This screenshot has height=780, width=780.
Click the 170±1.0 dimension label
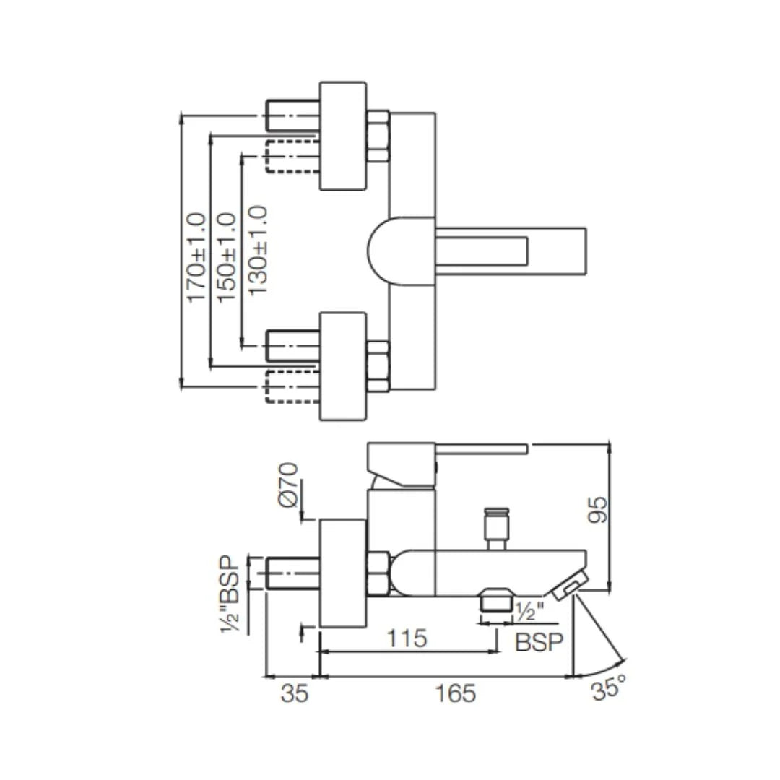pyautogui.click(x=196, y=257)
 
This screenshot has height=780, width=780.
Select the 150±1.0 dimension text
pyautogui.click(x=226, y=257)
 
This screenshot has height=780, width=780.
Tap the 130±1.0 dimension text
pyautogui.click(x=257, y=250)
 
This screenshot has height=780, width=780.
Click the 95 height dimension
pyautogui.click(x=599, y=510)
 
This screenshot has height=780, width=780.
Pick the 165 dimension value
pyautogui.click(x=456, y=693)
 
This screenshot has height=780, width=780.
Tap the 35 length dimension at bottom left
pyautogui.click(x=294, y=693)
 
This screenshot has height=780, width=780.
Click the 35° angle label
pyautogui.click(x=607, y=690)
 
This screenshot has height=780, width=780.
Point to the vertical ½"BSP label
pyautogui.click(x=230, y=594)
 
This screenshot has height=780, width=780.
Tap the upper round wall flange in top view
pyautogui.click(x=342, y=136)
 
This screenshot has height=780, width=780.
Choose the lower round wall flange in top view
pyautogui.click(x=342, y=365)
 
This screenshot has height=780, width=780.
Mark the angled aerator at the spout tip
pyautogui.click(x=571, y=584)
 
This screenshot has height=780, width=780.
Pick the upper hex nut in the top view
pyautogui.click(x=378, y=136)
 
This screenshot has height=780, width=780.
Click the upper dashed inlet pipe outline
pyautogui.click(x=292, y=157)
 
